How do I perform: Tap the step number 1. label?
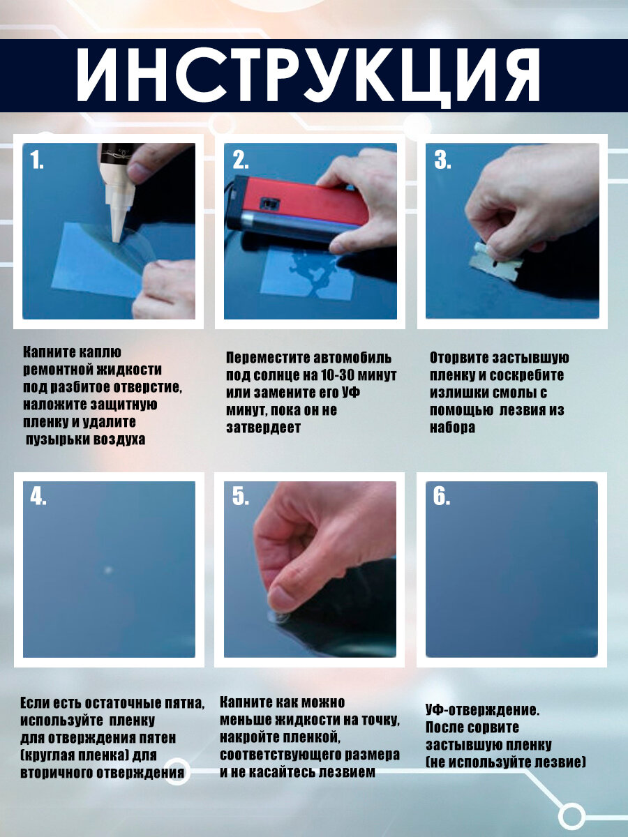coord(36,160)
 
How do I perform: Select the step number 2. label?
coord(241,160)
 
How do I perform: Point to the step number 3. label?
coord(442,160)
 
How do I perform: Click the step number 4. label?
coord(38,497)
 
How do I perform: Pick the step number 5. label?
coord(241,497)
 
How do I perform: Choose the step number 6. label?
coord(442,497)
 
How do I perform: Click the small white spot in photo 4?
coord(108,571)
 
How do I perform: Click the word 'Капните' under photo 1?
coord(47,352)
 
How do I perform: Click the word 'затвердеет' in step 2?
coord(264,428)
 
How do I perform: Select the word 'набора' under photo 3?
coord(453,428)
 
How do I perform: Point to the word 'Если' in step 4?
coord(33,703)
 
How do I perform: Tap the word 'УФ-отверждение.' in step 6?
coord(483,710)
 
